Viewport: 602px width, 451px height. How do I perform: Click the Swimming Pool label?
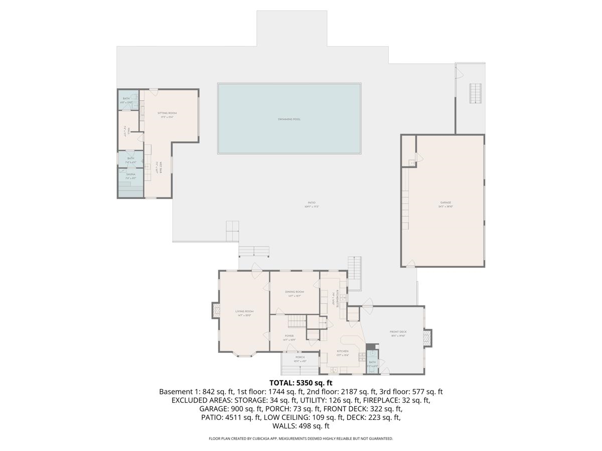(289, 119)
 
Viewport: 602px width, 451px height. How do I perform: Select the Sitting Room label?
(167, 113)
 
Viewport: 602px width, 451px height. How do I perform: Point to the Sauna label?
(130, 174)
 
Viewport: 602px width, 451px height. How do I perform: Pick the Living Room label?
(244, 311)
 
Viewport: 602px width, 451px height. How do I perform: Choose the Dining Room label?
(294, 292)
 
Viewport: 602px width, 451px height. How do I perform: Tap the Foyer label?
(289, 336)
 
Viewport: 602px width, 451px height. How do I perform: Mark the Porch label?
(299, 357)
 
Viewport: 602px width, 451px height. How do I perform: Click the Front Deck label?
(398, 332)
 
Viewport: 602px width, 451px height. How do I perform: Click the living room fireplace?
(215, 310)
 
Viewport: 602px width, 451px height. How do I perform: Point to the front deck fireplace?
(428, 337)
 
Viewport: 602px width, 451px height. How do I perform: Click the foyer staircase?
(298, 320)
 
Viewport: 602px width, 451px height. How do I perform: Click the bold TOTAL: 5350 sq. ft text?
(300, 383)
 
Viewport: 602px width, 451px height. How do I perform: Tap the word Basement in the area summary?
(176, 392)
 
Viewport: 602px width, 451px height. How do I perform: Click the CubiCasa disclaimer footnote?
(300, 438)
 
